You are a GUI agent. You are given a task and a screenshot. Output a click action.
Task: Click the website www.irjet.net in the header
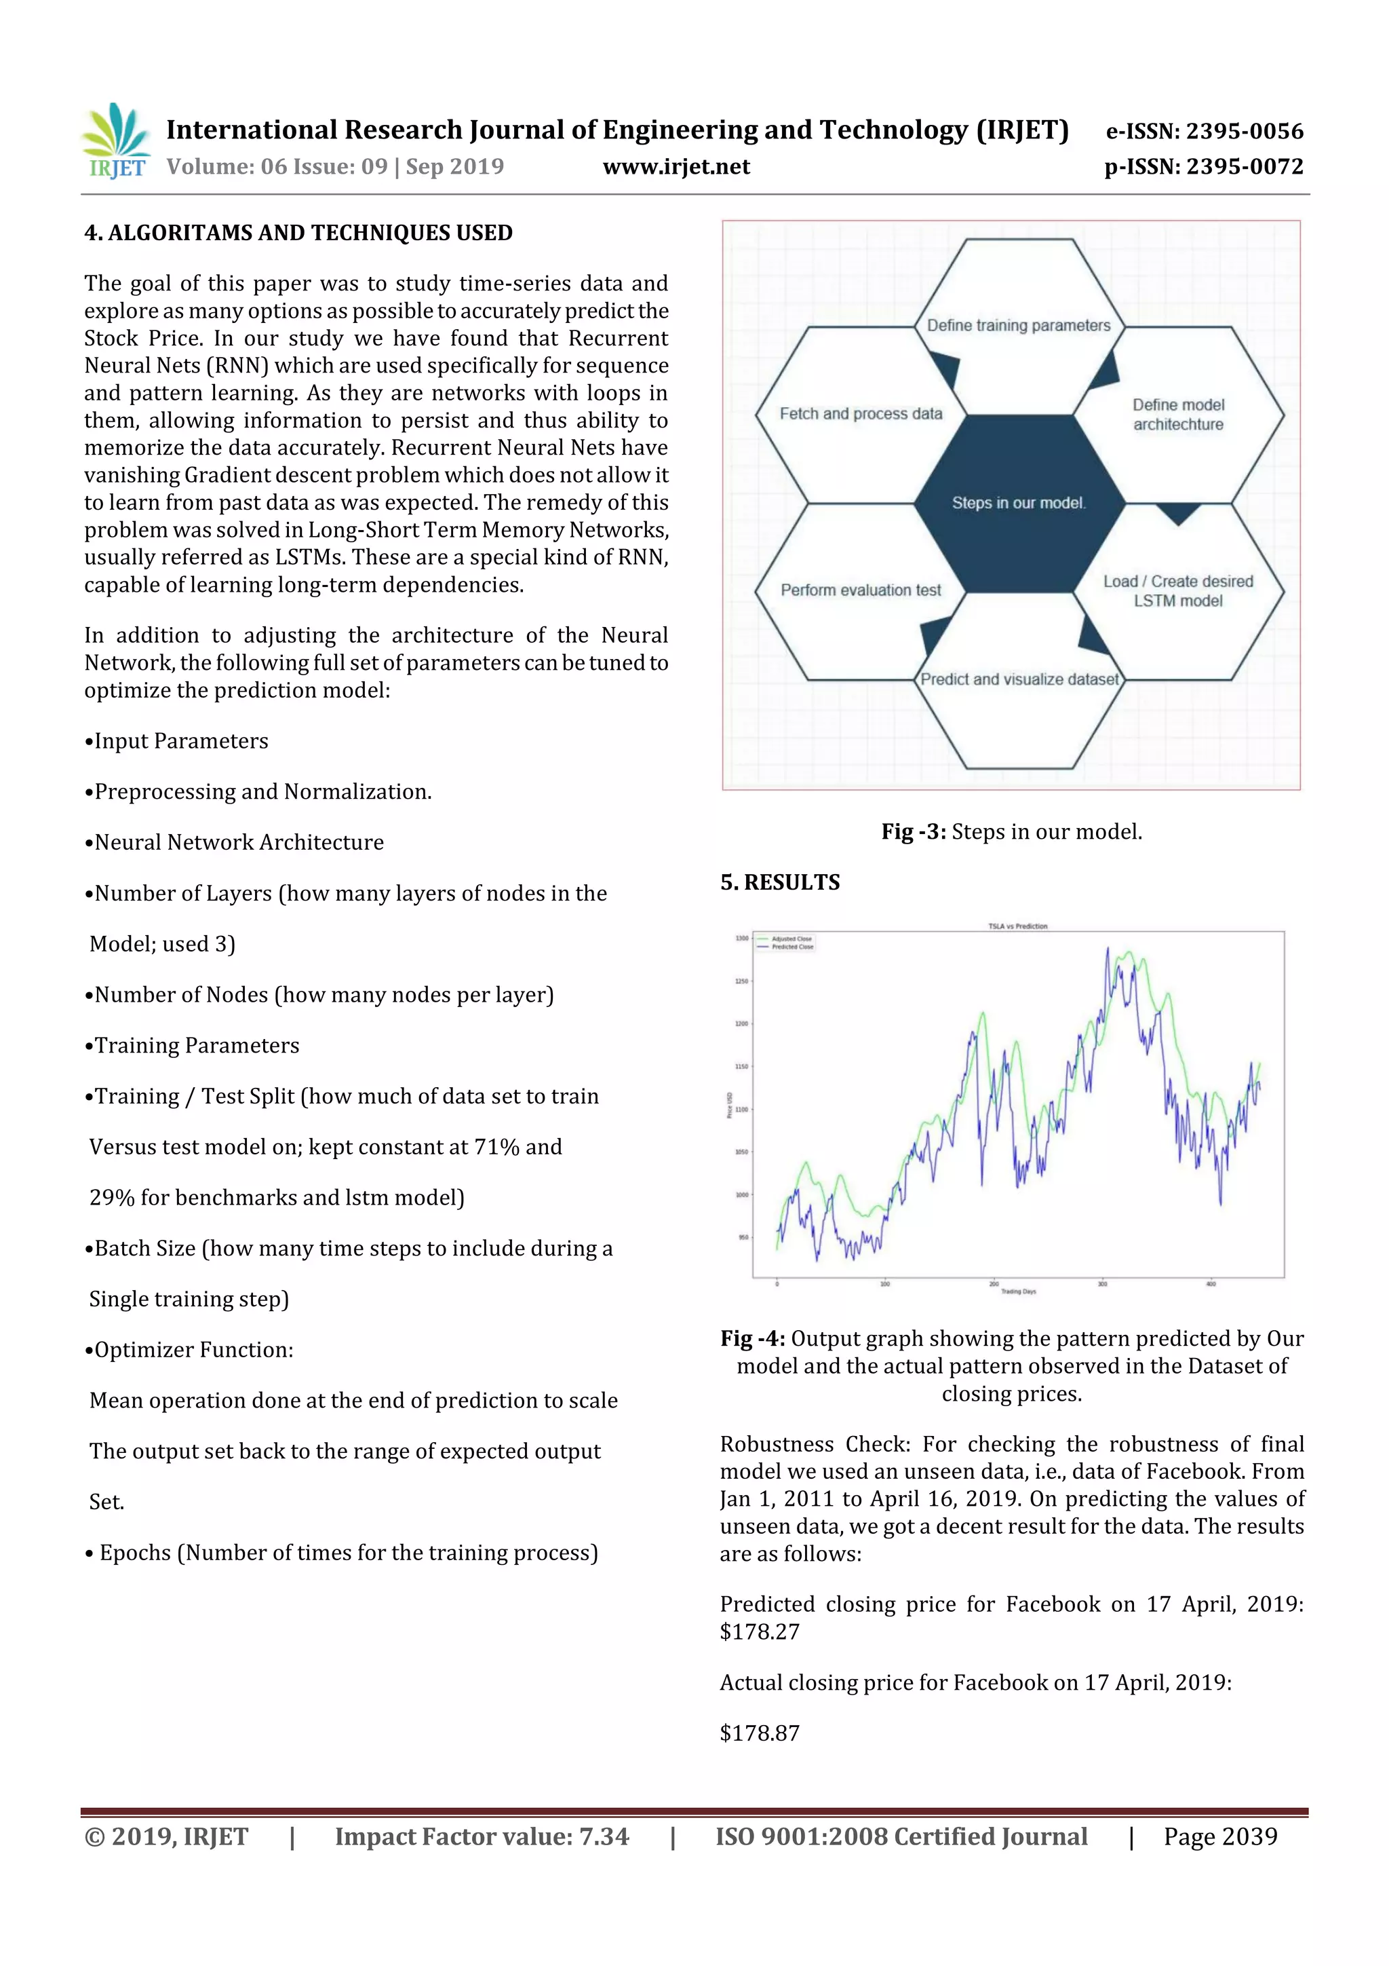click(x=676, y=167)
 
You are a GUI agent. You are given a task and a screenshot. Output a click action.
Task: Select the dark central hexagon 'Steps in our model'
click(x=1019, y=503)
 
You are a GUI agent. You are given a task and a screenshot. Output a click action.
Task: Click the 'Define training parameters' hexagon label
click(x=1019, y=325)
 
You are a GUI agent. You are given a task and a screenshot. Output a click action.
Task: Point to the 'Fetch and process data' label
click(x=860, y=413)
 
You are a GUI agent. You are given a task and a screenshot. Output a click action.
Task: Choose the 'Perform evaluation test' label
click(x=860, y=590)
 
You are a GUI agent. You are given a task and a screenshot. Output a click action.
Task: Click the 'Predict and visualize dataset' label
click(x=1019, y=679)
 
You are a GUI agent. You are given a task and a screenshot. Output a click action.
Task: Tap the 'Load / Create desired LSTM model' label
click(x=1177, y=591)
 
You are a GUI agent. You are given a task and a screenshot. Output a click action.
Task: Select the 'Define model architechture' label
click(x=1177, y=415)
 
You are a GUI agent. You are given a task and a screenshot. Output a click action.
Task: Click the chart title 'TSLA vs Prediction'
click(x=1017, y=926)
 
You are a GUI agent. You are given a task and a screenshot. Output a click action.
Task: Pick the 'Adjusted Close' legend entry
click(x=791, y=939)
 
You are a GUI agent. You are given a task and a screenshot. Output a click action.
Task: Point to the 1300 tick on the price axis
click(x=741, y=939)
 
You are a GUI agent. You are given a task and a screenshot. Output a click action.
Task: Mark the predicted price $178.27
click(x=759, y=1631)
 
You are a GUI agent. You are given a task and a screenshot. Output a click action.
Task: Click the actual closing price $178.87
click(x=759, y=1733)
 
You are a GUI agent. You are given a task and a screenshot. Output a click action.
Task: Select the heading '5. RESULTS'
click(x=780, y=882)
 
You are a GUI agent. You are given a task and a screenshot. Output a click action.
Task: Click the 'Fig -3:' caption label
click(x=913, y=831)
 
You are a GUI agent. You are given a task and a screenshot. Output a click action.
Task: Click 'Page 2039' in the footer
click(x=1219, y=1836)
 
